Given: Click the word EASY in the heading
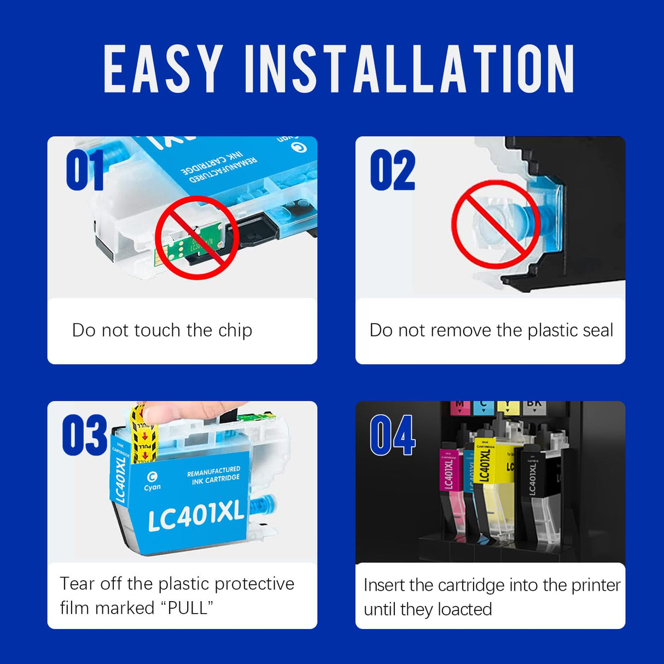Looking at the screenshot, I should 163,69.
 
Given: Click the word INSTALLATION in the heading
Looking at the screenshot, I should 409,69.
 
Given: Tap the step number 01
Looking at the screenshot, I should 85,171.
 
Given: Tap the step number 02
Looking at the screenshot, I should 393,171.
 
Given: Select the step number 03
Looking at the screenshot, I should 84,435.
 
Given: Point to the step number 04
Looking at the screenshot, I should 392,435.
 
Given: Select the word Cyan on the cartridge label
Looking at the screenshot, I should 152,487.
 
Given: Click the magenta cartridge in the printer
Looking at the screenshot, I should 449,481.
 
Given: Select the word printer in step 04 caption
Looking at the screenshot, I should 596,585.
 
